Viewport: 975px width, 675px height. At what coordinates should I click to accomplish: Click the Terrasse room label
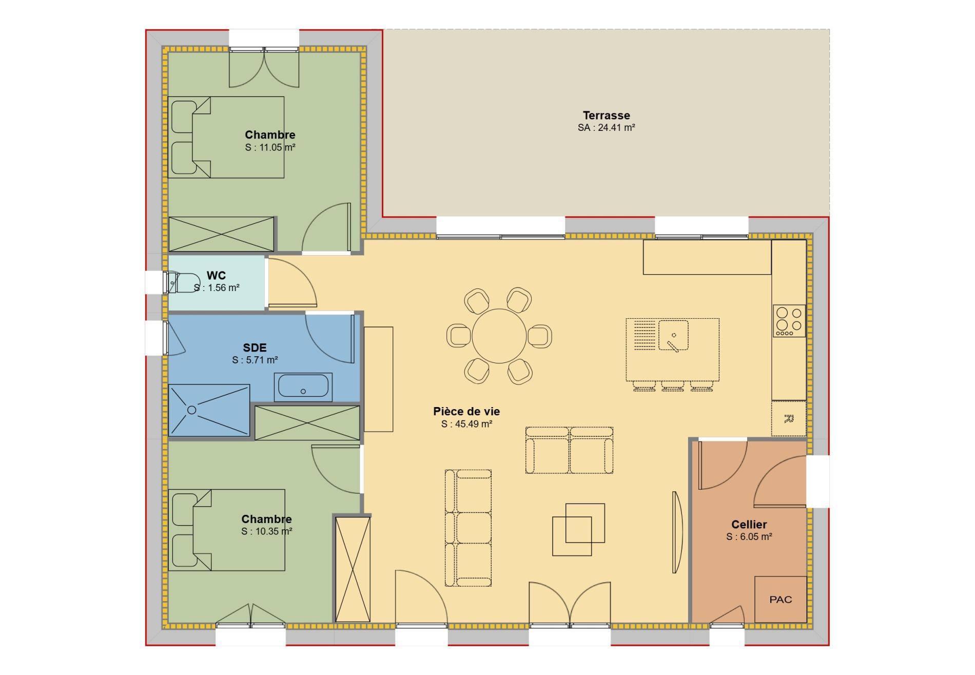(x=606, y=115)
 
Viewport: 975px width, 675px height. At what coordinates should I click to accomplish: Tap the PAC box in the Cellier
(x=780, y=600)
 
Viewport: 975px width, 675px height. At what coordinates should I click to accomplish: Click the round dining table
(x=499, y=336)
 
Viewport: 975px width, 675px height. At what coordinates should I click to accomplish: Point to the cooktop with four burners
(x=789, y=321)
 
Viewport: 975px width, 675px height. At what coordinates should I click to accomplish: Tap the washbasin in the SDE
(x=303, y=387)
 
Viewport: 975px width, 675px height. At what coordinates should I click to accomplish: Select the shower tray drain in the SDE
(x=191, y=410)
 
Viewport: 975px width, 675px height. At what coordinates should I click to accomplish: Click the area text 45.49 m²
(x=466, y=424)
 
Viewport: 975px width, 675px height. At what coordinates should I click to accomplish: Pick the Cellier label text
(x=749, y=524)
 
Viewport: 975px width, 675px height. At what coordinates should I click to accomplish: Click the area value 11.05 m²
(x=270, y=147)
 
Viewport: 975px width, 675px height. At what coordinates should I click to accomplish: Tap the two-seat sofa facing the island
(x=569, y=450)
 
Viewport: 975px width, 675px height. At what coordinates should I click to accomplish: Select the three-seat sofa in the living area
(x=468, y=528)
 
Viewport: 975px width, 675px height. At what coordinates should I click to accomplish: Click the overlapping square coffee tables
(x=578, y=529)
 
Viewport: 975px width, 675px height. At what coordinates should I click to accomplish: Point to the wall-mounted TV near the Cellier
(x=677, y=532)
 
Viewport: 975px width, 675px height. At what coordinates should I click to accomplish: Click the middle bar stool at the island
(x=672, y=386)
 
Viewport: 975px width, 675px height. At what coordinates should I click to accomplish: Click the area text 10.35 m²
(x=267, y=531)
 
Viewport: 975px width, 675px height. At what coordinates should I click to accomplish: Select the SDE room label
(x=255, y=348)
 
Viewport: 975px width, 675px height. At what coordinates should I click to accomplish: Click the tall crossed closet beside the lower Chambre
(x=353, y=569)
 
